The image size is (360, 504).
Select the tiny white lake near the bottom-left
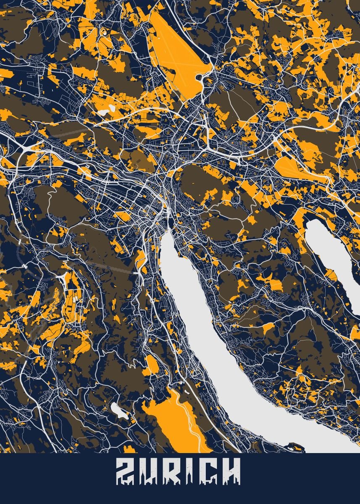pos(119,409)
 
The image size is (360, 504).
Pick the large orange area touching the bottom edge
pos(176,424)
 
